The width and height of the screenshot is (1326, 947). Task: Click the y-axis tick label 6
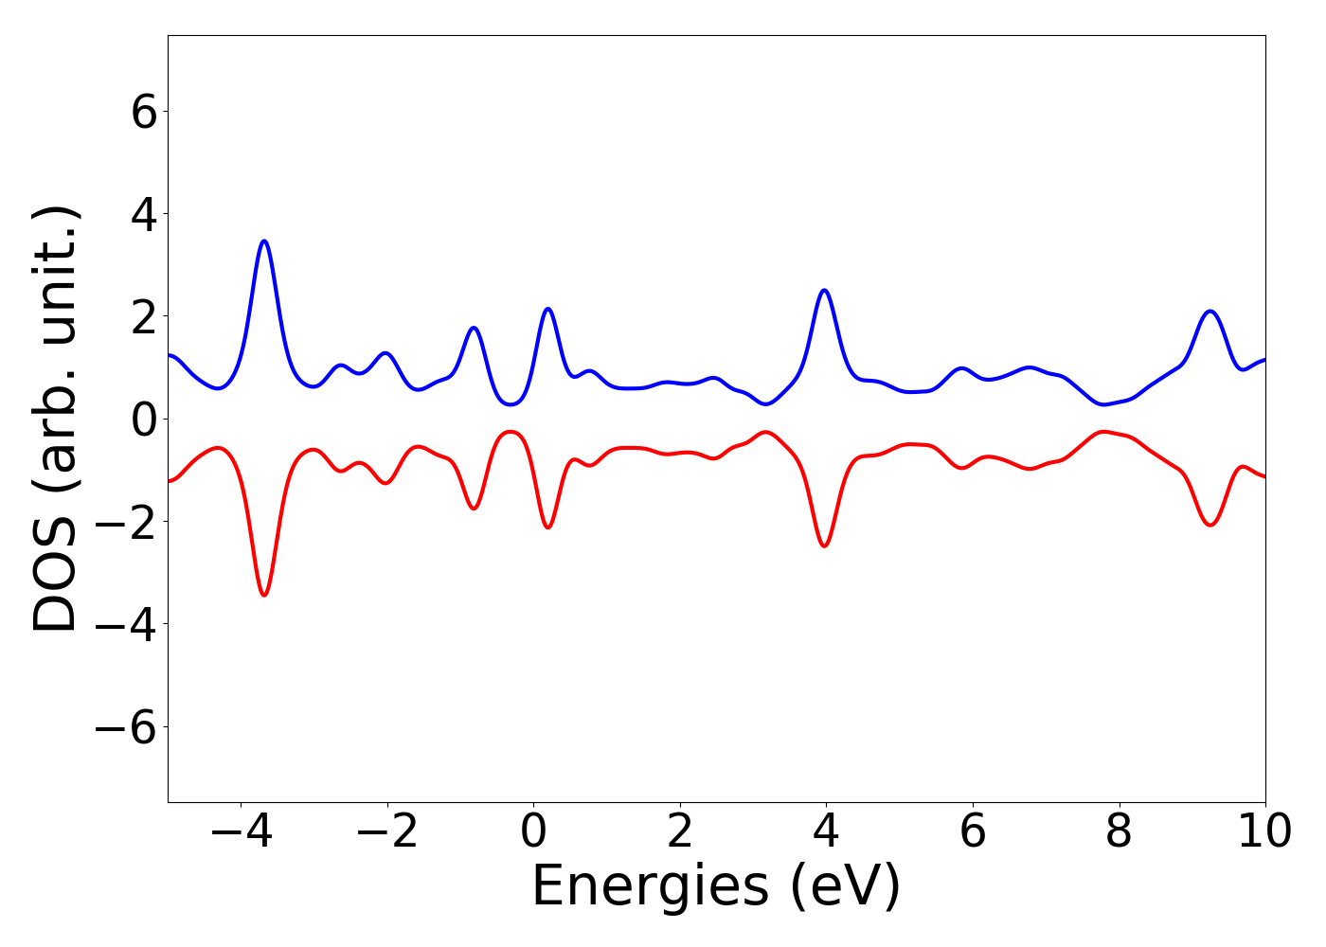(x=144, y=112)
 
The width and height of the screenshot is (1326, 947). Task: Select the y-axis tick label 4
(x=144, y=214)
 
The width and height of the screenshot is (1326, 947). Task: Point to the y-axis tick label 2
(x=144, y=316)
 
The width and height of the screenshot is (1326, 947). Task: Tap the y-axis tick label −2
(x=126, y=522)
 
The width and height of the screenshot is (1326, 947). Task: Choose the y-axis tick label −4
(x=126, y=624)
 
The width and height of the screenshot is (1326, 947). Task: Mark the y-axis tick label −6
(x=126, y=726)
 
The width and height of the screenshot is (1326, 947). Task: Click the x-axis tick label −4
(x=242, y=831)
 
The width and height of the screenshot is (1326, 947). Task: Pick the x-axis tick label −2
(x=387, y=831)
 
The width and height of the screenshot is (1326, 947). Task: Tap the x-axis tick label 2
(x=680, y=831)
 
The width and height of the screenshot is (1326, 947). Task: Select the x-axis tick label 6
(x=973, y=831)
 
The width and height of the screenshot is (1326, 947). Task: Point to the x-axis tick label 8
(x=1119, y=831)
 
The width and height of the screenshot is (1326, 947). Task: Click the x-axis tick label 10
(x=1264, y=831)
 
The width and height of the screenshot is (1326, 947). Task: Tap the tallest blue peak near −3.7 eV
(x=264, y=241)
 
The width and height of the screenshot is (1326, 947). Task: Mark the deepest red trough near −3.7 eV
(x=264, y=595)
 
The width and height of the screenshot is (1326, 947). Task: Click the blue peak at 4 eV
(x=825, y=291)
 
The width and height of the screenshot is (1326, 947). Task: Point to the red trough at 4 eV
(x=825, y=545)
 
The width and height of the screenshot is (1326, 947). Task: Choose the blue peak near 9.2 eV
(x=1210, y=312)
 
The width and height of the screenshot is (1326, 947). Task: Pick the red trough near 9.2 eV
(x=1210, y=525)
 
